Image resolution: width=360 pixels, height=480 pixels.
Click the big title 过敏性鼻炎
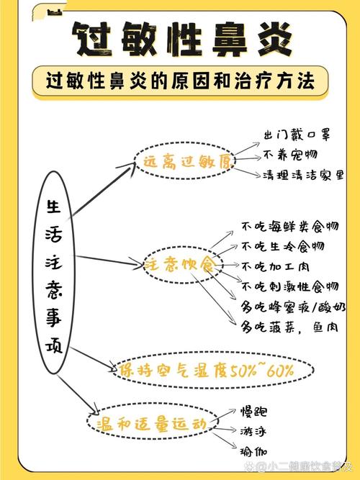tap(182, 39)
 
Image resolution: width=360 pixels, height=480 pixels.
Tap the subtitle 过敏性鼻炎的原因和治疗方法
tap(180, 81)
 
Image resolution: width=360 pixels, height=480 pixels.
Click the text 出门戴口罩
tap(297, 135)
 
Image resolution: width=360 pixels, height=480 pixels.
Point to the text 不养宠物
tap(290, 155)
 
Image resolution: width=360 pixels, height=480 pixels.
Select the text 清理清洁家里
tap(303, 176)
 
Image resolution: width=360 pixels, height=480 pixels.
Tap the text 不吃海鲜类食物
tap(290, 227)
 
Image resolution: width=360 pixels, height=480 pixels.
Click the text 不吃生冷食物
tap(282, 246)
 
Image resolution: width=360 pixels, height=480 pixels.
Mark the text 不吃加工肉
tap(275, 267)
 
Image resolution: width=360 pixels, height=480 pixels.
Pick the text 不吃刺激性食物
tap(290, 287)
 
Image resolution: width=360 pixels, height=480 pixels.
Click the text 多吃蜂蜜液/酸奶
tap(293, 307)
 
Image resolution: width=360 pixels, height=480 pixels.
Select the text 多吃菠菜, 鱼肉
tap(289, 327)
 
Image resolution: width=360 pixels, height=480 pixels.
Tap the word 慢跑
tap(253, 412)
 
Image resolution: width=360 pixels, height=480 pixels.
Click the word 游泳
tap(253, 432)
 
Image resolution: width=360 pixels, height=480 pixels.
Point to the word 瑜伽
tap(253, 452)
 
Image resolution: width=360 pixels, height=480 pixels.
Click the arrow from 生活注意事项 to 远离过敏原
tap(103, 191)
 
